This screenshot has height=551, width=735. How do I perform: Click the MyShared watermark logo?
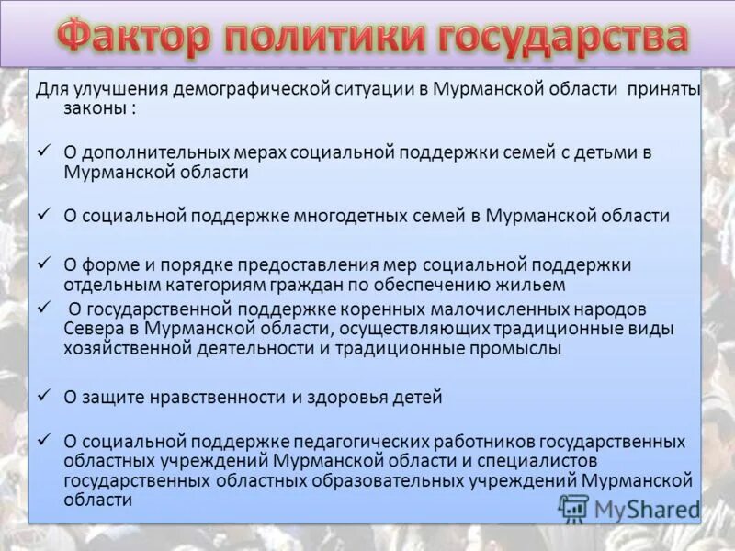tap(629, 509)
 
